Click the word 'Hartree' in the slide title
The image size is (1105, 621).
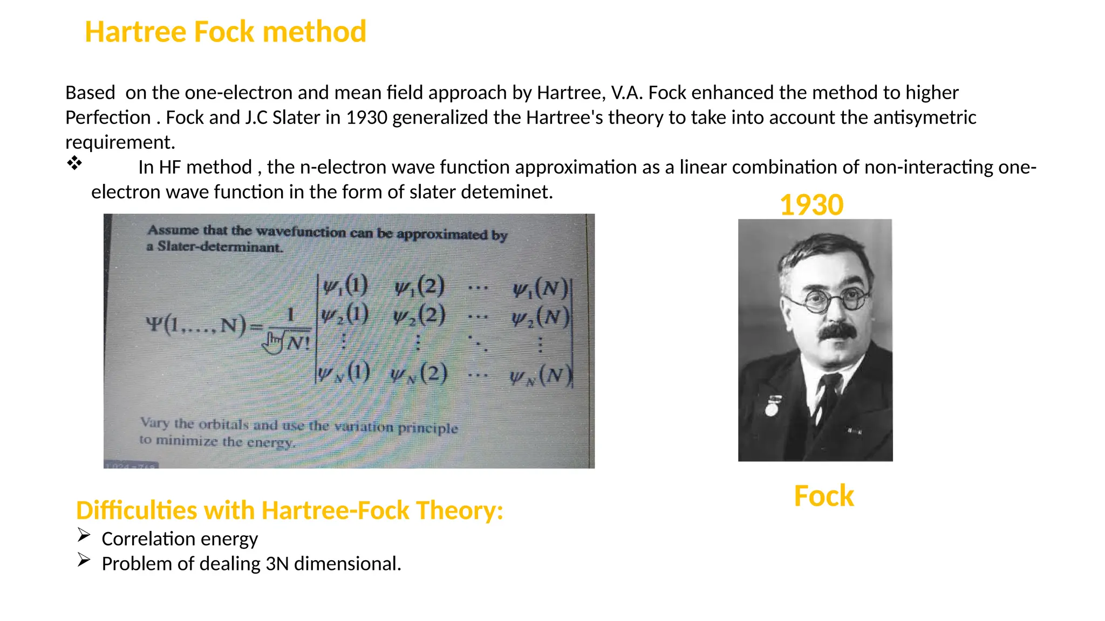[x=136, y=32]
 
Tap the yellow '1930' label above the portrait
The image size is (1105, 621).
[x=811, y=205]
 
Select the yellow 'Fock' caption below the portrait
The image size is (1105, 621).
[x=823, y=496]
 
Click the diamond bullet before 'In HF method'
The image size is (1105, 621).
[x=74, y=163]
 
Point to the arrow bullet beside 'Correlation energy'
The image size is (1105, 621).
[x=84, y=535]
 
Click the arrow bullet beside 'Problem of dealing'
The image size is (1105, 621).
[x=84, y=560]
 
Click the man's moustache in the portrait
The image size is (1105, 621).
[x=838, y=332]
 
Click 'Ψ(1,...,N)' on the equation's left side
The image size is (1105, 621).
[x=195, y=325]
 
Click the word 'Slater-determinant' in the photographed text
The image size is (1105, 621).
[x=220, y=247]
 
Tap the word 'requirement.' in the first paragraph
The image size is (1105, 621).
[x=120, y=142]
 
